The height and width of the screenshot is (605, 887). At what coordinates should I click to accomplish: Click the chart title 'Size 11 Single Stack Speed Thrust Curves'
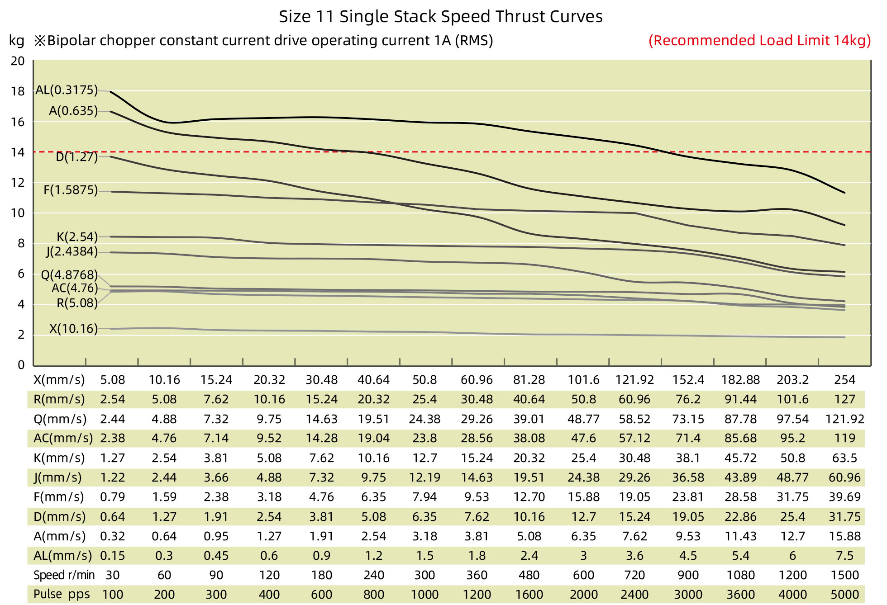click(440, 17)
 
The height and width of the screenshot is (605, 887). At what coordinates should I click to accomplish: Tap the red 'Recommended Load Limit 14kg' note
click(759, 41)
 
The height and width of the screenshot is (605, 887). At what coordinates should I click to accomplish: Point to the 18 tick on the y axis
click(18, 91)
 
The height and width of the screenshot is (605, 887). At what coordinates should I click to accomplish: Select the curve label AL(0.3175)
click(67, 90)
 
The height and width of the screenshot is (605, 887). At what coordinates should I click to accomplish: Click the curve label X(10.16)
click(73, 329)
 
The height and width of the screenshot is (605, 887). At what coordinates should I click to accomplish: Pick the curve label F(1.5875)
click(71, 190)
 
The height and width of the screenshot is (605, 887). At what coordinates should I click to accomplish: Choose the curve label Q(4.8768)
click(69, 275)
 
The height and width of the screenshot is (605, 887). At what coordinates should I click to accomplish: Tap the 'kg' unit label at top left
click(17, 41)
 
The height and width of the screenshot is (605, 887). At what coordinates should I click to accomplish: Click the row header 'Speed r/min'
click(64, 575)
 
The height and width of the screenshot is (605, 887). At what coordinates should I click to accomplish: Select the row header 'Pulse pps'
click(62, 594)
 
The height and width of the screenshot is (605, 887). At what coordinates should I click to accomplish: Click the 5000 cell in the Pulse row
click(844, 595)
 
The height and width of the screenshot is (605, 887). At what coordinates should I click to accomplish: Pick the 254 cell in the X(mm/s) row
click(844, 380)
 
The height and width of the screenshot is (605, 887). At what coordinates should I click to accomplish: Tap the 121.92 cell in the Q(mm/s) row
click(844, 419)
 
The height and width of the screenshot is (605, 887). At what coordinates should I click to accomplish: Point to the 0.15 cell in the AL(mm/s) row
click(112, 556)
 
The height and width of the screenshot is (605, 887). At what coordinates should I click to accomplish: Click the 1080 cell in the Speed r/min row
click(740, 575)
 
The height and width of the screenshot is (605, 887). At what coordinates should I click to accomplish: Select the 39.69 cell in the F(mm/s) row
click(844, 497)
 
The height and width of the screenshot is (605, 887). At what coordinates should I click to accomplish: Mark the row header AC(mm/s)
click(63, 438)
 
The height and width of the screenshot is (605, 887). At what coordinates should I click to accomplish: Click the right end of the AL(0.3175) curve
click(844, 193)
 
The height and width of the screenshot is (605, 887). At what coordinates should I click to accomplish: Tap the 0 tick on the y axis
click(21, 365)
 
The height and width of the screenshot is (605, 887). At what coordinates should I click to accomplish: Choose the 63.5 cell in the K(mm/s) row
click(844, 458)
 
